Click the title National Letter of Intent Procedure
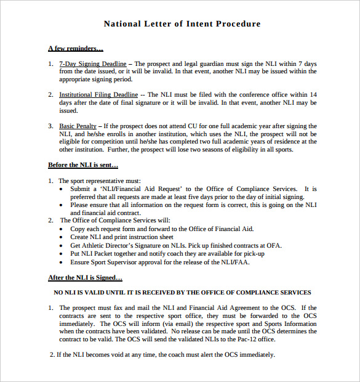(182, 24)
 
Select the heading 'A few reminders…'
(75, 48)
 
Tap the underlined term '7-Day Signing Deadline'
(92, 63)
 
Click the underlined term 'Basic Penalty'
(77, 126)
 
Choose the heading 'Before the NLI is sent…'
(83, 165)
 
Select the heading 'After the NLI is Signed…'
(85, 277)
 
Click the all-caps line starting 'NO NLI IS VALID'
(182, 292)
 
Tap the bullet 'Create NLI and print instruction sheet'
(122, 237)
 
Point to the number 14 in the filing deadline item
(313, 95)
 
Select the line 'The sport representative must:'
(100, 181)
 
